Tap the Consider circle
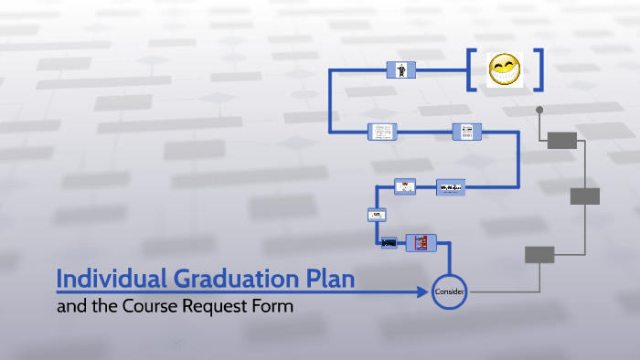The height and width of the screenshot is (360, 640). pos(449,291)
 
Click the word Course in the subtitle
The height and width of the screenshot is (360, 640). pos(147,307)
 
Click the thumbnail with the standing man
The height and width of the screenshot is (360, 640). pos(400,69)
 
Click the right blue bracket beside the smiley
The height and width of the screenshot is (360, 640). pos(539,69)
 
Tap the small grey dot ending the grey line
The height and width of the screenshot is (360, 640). pos(539,110)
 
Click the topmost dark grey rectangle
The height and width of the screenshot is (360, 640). pos(561,140)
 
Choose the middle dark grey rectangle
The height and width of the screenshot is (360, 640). pos(584,196)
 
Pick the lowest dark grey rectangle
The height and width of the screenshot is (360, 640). pos(539,255)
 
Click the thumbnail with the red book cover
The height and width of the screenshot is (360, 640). pos(421,242)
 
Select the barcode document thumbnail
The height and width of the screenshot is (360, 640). pos(466,132)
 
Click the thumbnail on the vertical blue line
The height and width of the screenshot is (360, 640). pos(377,215)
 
